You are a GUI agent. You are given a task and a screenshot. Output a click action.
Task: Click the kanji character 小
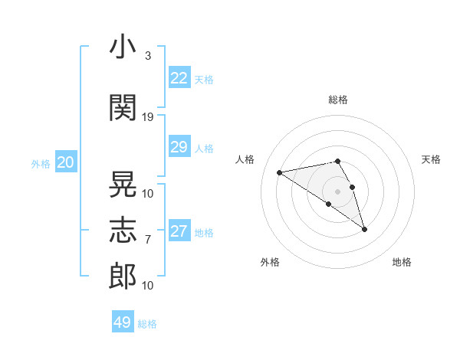(123, 46)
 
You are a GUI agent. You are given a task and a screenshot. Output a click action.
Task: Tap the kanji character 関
(123, 107)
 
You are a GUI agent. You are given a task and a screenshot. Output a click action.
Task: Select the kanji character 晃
(123, 184)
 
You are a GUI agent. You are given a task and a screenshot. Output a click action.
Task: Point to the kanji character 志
(123, 230)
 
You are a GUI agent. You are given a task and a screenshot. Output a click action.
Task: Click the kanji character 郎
(123, 277)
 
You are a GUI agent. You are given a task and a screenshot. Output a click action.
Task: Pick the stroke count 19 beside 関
(147, 117)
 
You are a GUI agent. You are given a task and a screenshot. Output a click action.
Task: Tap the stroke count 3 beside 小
(148, 56)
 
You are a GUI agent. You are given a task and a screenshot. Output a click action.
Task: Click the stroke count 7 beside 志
(148, 240)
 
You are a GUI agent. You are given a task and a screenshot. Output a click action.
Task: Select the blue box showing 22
(179, 77)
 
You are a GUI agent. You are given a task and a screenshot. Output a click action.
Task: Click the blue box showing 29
(179, 146)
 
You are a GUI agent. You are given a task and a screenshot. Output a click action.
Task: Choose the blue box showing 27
(179, 230)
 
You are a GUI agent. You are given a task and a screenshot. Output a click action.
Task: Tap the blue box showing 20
(66, 162)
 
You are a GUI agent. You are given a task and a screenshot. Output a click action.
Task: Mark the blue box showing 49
(123, 321)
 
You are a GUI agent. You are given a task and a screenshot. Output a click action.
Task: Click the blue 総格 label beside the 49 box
(147, 324)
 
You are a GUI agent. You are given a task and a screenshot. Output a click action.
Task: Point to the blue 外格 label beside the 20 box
(41, 164)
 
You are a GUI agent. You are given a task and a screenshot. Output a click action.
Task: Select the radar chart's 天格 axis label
(431, 159)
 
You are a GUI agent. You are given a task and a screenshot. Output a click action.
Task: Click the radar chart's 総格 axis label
(338, 100)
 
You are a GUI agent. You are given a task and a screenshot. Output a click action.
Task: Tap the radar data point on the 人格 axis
(280, 172)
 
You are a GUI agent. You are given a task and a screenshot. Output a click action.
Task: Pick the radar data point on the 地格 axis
(365, 230)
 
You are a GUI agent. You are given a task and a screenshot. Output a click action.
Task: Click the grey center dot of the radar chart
(337, 191)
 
